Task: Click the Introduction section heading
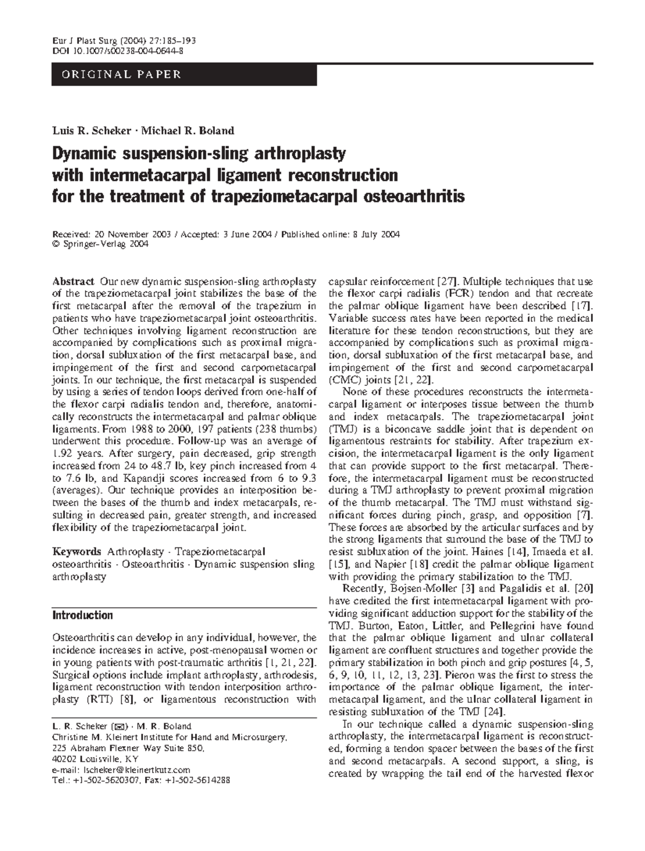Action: (82, 615)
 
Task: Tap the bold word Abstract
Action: (74, 282)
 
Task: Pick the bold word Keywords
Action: (77, 552)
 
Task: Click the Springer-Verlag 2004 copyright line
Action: (99, 244)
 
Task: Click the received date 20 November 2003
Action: (133, 234)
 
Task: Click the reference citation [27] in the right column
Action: (447, 282)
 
